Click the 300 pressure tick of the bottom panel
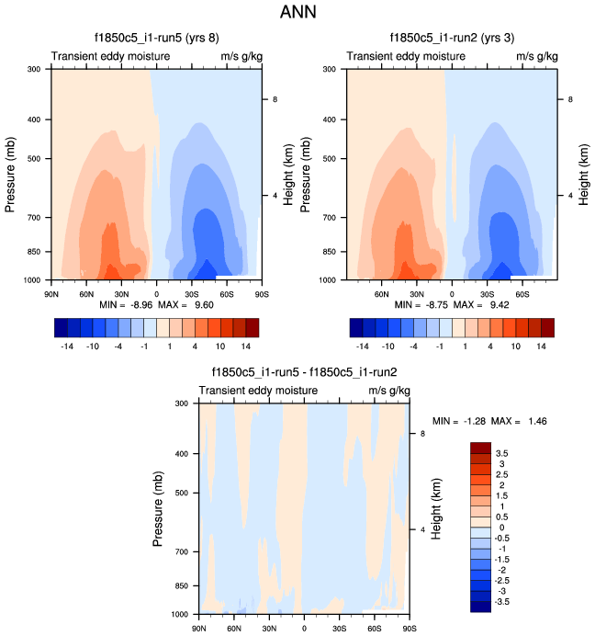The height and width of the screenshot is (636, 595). coord(182,403)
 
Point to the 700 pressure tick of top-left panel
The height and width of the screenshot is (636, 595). coord(33,218)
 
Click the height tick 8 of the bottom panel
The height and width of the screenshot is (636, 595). coord(422,433)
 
